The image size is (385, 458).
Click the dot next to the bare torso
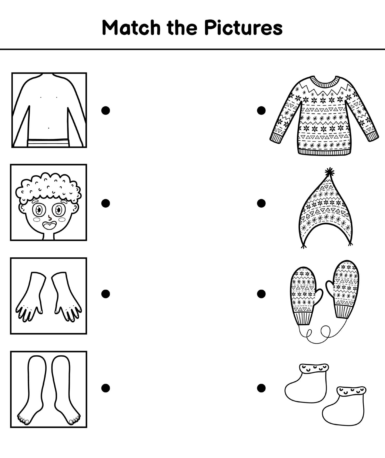106,110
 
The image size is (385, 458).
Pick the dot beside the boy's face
106,203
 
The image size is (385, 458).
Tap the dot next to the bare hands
106,294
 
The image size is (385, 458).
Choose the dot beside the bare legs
106,388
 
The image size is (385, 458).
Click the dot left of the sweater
261,110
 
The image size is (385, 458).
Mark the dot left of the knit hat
261,203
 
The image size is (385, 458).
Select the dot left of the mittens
261,294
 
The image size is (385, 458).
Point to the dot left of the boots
261,388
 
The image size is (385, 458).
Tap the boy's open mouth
49,226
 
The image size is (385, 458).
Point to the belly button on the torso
49,128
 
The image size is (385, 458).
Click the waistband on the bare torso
48,143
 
